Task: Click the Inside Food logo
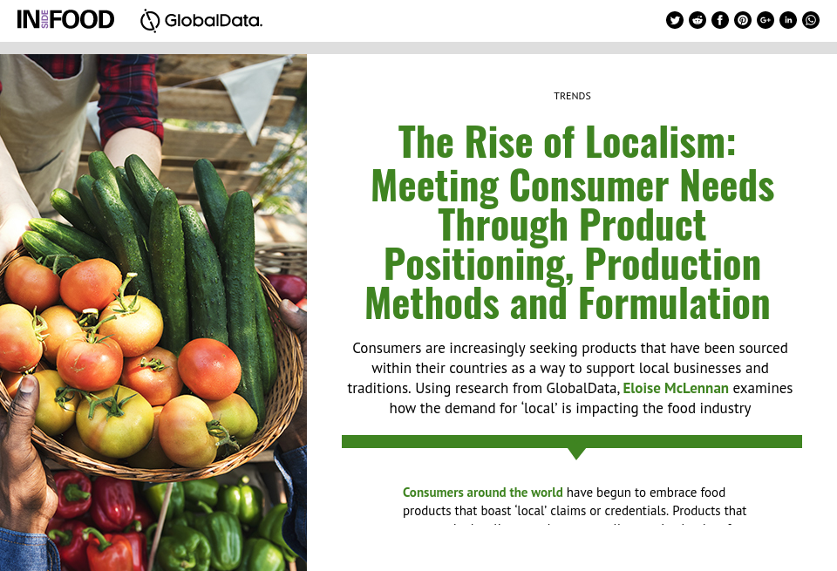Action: point(65,19)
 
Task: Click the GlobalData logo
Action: point(201,20)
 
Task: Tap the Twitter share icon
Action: point(675,20)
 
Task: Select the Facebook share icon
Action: point(720,20)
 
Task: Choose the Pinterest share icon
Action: point(743,20)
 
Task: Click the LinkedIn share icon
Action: point(788,20)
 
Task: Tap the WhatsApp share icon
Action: point(811,20)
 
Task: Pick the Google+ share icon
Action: point(766,20)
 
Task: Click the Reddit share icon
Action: point(697,20)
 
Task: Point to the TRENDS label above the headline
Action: point(572,96)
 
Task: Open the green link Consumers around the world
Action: point(482,493)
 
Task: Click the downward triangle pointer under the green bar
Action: point(576,452)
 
